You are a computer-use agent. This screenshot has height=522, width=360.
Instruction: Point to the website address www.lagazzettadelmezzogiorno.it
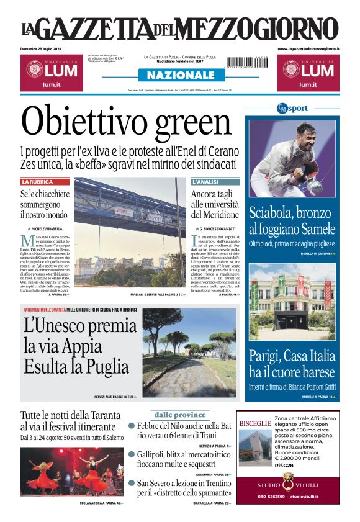click(308, 48)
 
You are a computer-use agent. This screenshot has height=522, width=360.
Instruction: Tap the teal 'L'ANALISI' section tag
click(205, 182)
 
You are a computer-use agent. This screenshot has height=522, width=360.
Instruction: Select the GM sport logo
click(292, 108)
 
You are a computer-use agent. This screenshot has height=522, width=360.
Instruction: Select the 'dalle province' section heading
click(179, 415)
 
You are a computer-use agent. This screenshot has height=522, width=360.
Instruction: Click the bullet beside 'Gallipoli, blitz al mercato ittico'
click(132, 454)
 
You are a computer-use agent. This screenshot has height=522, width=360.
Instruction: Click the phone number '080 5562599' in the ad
click(272, 497)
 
